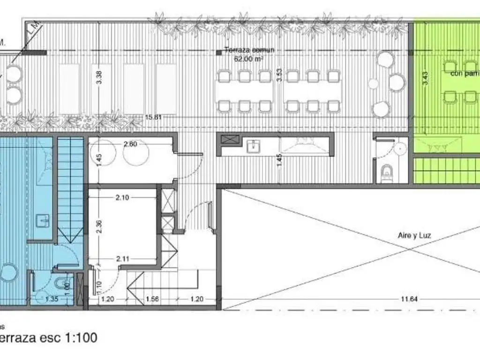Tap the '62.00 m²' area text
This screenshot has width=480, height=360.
(249, 59)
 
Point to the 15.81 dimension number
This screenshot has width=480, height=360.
(153, 117)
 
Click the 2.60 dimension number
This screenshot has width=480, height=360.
(130, 144)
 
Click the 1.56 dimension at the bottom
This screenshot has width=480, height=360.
(151, 299)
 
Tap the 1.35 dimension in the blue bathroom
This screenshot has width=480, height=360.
(52, 298)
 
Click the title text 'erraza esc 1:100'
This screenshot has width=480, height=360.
(49, 338)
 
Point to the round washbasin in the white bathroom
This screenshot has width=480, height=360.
(400, 149)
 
